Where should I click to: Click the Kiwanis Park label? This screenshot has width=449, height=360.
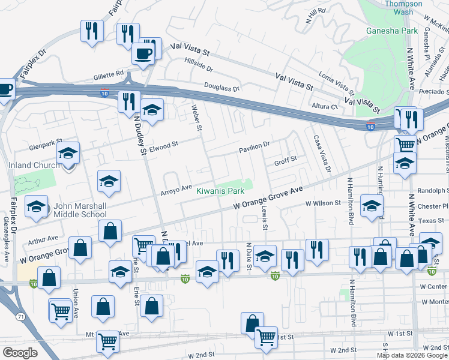220,191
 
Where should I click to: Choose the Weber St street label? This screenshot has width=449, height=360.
196,116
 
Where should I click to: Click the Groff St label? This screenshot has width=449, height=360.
286,160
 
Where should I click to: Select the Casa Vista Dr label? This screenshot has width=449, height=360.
320,153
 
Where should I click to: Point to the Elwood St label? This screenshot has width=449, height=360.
164,145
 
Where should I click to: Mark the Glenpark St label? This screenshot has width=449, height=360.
46,147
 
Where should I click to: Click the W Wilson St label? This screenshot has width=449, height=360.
323,203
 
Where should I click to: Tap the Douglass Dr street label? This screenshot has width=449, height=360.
221,88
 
